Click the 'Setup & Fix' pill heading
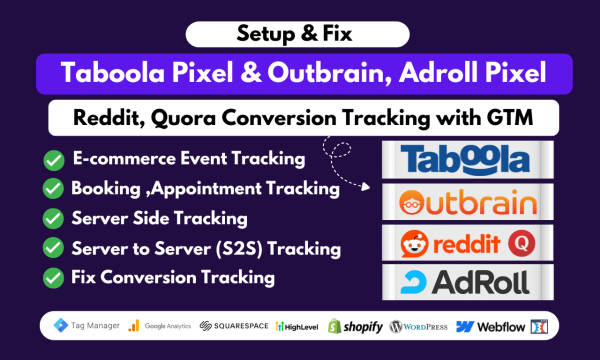297,34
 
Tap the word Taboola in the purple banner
112,73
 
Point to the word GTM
510,117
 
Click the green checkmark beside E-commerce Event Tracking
54,160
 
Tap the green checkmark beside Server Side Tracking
53,218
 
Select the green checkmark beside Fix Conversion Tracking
53,278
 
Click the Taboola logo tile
468,160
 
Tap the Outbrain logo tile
468,202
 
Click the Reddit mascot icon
414,244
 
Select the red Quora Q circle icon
522,243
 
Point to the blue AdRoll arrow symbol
413,282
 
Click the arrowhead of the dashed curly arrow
366,187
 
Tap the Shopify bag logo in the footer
334,326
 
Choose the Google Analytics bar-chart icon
134,326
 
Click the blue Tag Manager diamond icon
60,325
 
